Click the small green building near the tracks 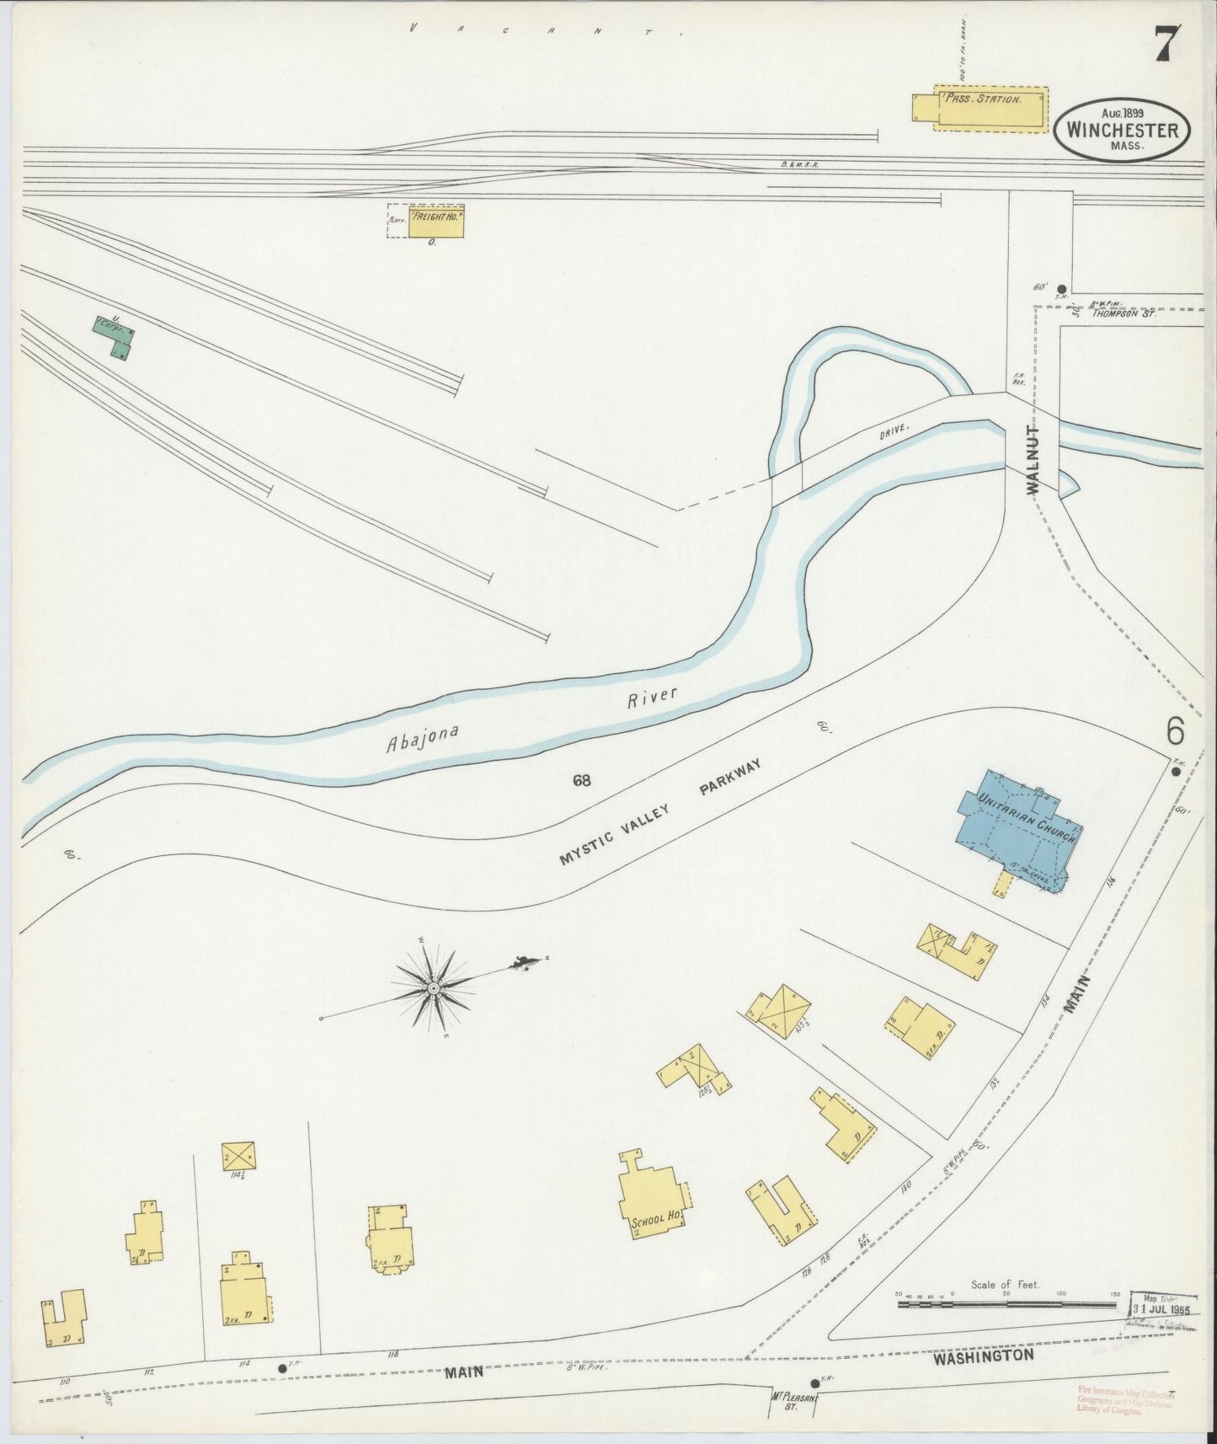click(x=114, y=337)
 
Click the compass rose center click(x=432, y=987)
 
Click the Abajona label click(x=422, y=739)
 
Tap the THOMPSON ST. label click(x=1124, y=313)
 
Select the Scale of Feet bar click(x=1007, y=1327)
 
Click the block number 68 click(x=582, y=780)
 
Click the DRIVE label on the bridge click(x=894, y=431)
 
